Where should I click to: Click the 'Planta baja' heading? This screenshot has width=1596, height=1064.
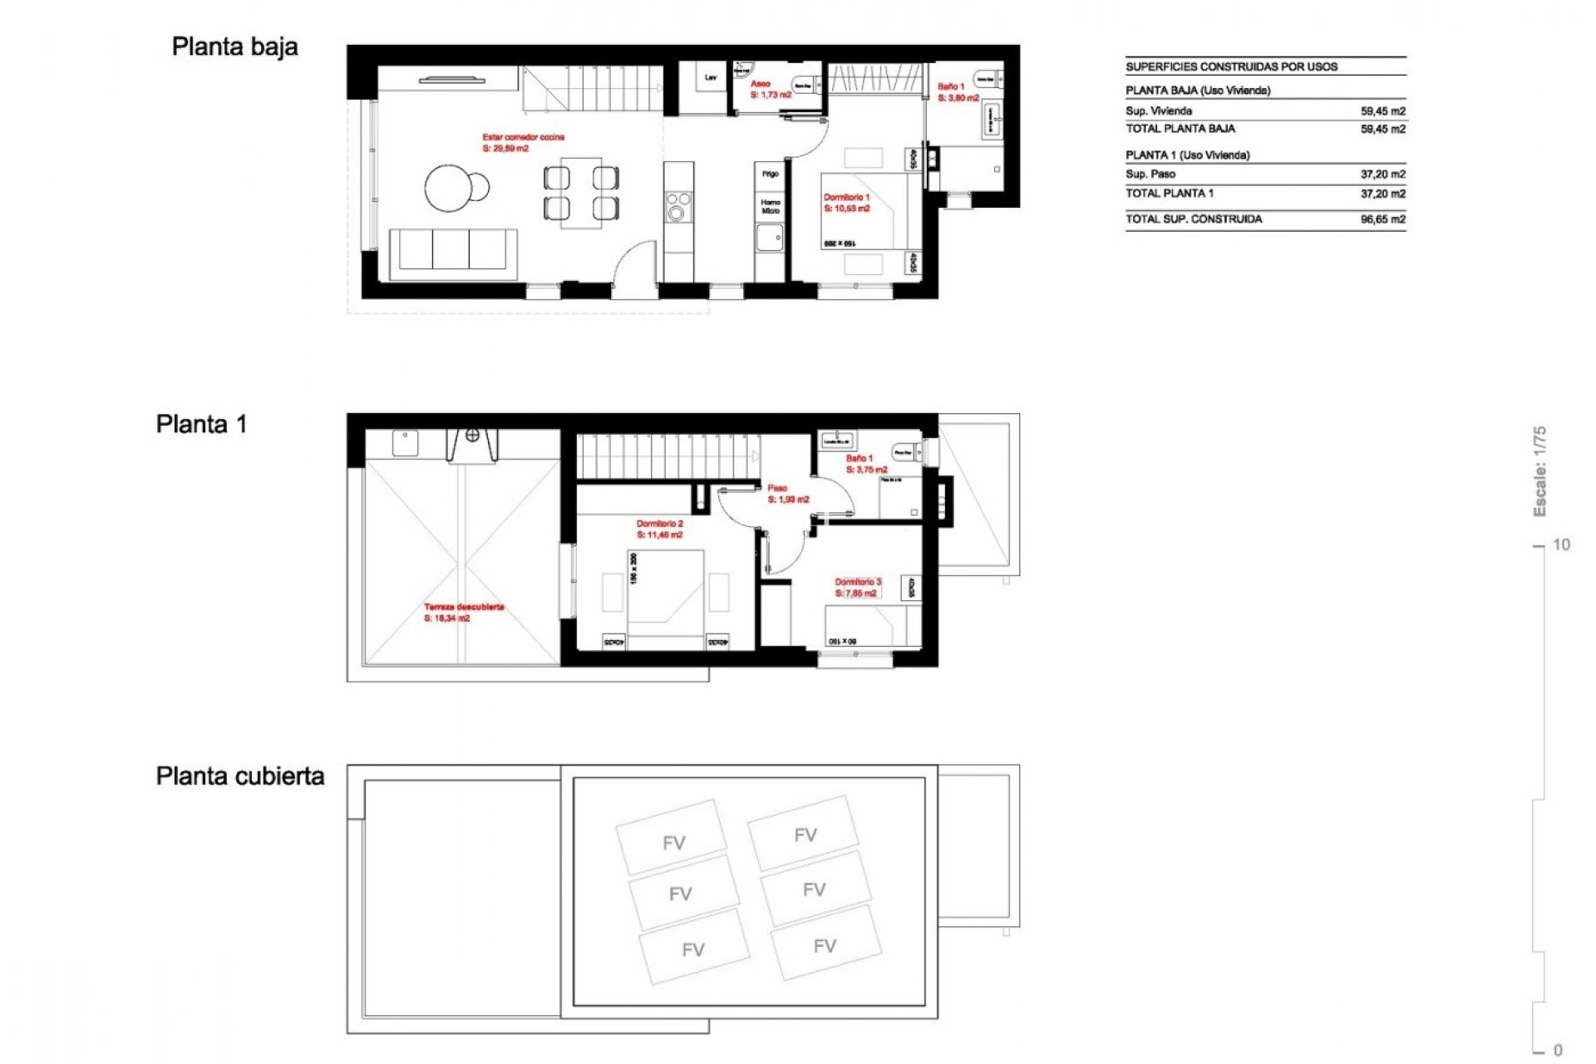(234, 47)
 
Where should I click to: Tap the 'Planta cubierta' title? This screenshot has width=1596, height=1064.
(239, 776)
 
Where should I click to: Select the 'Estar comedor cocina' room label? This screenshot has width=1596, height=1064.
(523, 137)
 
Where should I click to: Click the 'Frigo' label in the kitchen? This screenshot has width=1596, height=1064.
(770, 174)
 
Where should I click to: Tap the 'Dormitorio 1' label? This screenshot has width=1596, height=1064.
(846, 198)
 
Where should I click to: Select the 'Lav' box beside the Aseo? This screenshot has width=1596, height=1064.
(711, 78)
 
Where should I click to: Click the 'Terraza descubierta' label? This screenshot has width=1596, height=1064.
(464, 608)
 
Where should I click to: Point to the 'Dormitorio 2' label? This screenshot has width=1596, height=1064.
(659, 525)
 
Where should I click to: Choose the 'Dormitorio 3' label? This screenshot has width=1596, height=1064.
(858, 583)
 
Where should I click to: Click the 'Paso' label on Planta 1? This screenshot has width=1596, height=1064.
(777, 489)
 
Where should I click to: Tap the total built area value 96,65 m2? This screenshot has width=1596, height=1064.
(1382, 219)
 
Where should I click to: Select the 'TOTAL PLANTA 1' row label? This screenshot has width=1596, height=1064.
(1169, 194)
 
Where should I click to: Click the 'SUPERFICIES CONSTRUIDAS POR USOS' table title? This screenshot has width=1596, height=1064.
(1231, 67)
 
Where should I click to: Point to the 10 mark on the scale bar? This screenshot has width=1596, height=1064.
(1560, 545)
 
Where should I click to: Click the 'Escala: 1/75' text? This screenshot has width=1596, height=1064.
(1539, 470)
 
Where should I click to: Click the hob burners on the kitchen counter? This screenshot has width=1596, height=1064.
(678, 206)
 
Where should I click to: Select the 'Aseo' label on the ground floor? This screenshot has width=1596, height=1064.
(760, 84)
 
